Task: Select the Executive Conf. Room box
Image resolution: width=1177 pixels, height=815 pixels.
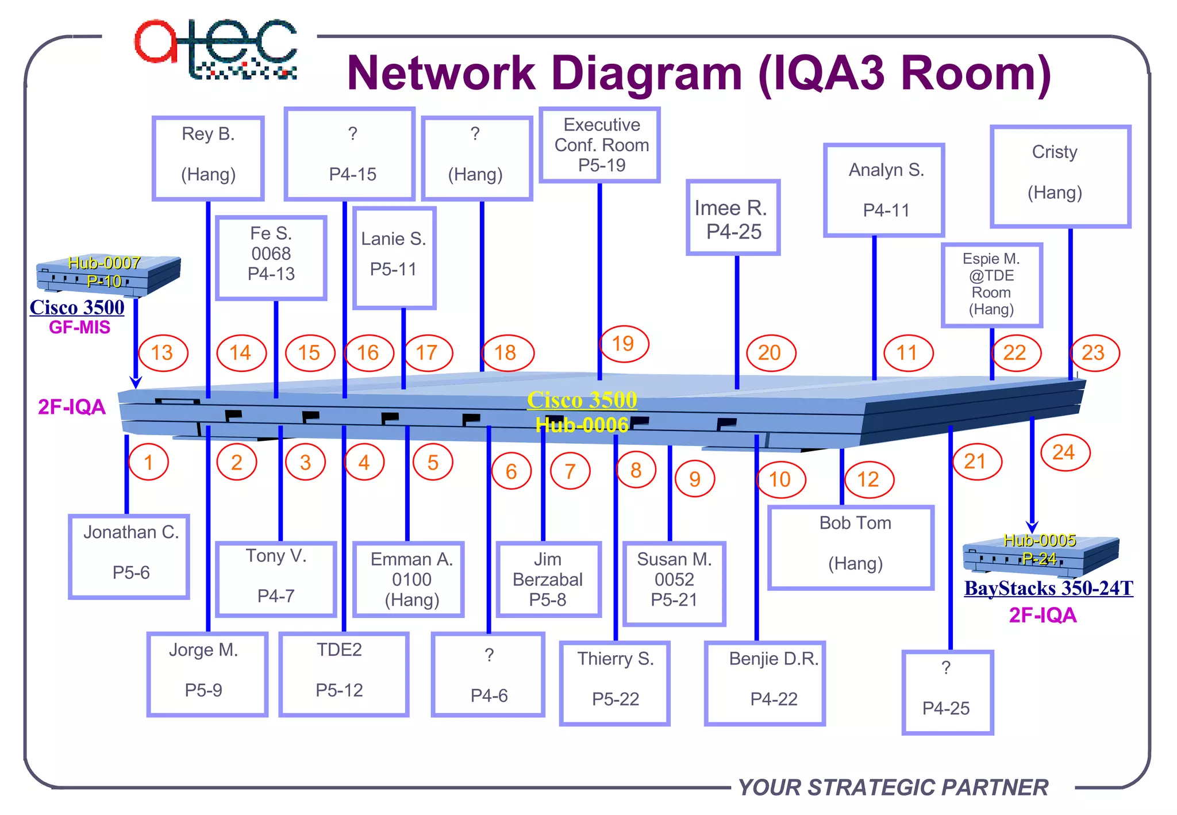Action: point(600,145)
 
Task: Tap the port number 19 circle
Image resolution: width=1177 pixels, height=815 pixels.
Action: point(624,344)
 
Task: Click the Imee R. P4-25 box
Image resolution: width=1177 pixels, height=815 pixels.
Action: point(733,217)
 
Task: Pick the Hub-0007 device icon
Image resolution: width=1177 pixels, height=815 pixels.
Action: point(108,275)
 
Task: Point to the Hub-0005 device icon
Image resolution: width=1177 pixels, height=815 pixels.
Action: point(1040,554)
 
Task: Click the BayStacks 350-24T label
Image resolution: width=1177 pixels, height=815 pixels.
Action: point(1048,589)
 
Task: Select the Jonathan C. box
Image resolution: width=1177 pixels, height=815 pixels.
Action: point(129,556)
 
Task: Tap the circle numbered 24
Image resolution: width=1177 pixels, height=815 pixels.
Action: point(1065,453)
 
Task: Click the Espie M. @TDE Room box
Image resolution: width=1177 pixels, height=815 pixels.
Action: point(991,285)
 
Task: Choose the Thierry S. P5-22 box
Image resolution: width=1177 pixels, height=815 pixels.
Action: point(615,683)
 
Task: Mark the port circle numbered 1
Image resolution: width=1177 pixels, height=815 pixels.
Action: point(148,462)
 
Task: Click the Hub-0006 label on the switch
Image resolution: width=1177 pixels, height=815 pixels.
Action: point(582,425)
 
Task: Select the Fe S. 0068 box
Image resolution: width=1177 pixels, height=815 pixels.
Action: point(271,257)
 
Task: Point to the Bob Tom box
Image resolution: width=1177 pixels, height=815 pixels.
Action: point(851,547)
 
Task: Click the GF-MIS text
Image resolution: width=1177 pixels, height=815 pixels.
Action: point(79,328)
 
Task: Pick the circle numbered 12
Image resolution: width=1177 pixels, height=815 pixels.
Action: point(868,479)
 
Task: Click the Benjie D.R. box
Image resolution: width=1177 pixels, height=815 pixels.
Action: point(765,683)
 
